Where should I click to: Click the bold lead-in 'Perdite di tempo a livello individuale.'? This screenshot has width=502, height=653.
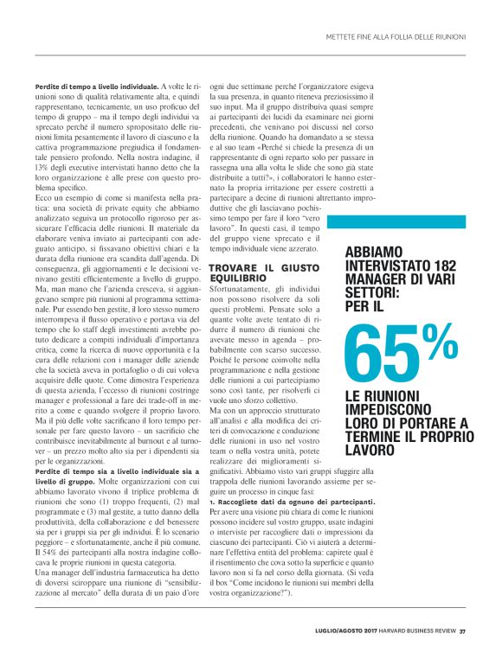[96, 87]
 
